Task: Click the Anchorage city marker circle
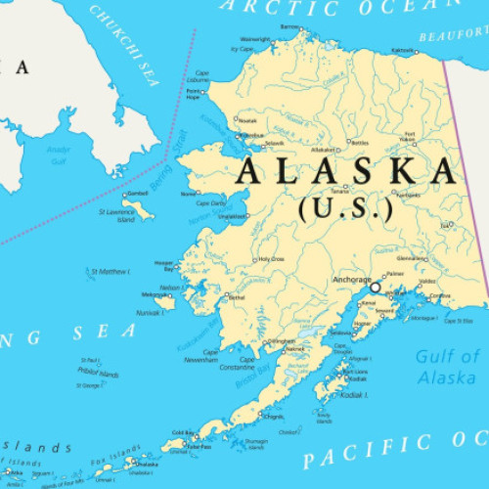[375, 288]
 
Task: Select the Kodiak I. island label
[353, 395]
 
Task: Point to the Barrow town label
[291, 27]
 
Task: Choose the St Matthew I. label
[111, 271]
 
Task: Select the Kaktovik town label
[401, 49]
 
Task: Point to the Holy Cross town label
[271, 260]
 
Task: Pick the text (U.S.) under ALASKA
[346, 208]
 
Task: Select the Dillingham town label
[282, 340]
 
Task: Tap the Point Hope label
[195, 95]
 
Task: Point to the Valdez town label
[426, 282]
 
